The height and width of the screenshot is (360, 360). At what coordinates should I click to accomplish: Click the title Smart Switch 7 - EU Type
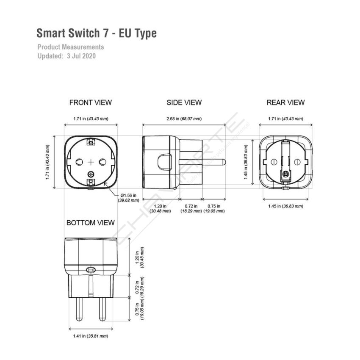click(97, 33)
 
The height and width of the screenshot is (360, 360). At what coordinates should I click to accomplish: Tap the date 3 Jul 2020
click(81, 55)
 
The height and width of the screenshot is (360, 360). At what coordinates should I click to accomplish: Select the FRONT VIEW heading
click(91, 102)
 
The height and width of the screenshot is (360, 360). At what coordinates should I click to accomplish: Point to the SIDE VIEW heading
click(184, 102)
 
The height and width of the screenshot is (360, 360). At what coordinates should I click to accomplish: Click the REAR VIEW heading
click(285, 102)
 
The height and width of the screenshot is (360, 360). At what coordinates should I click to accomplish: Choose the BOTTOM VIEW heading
click(90, 223)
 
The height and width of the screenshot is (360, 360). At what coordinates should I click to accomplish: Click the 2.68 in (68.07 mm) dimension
click(184, 119)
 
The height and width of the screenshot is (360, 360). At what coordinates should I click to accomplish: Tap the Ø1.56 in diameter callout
click(128, 198)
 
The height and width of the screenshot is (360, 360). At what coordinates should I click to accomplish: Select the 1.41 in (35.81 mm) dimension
click(91, 336)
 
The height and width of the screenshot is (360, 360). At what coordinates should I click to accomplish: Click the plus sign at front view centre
click(91, 162)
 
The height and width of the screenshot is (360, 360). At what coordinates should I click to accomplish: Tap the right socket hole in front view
click(102, 162)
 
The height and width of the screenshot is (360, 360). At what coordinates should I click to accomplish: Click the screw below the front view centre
click(91, 173)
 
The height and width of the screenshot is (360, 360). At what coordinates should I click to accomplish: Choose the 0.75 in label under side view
click(214, 208)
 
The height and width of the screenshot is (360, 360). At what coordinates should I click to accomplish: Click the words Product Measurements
click(70, 47)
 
